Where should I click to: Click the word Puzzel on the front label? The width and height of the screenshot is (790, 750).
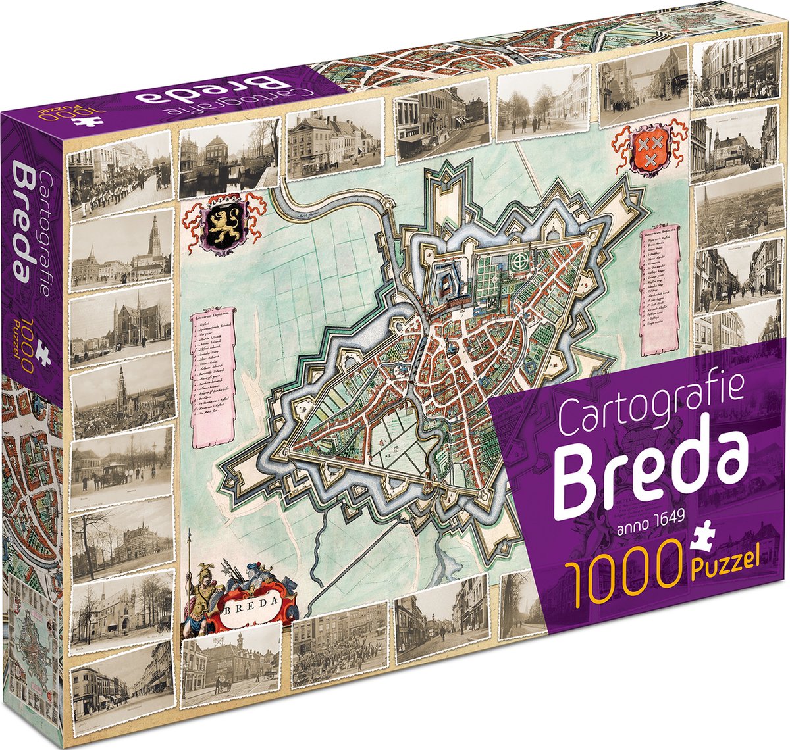click(x=727, y=567)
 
